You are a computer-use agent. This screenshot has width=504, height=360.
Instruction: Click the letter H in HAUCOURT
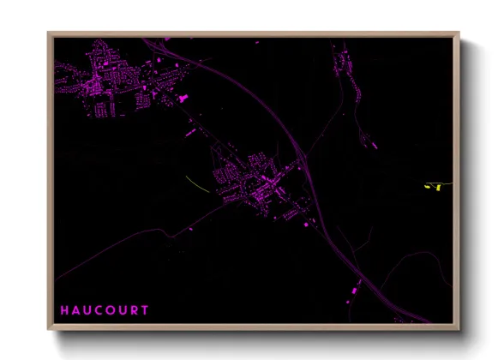point(64,309)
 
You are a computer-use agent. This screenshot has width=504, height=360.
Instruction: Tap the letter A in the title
point(76,309)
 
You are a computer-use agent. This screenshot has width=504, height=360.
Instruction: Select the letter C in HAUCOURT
point(99,309)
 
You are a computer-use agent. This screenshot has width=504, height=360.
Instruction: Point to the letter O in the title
point(111,309)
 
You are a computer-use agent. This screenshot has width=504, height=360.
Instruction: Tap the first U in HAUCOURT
point(87,309)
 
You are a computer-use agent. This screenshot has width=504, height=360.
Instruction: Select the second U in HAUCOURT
point(123,309)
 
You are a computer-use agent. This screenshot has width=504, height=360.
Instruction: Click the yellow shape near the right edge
point(435,185)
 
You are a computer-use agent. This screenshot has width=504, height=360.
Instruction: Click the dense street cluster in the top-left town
point(103,81)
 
